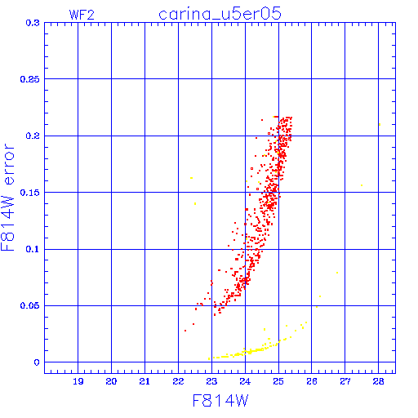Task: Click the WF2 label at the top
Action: point(82,15)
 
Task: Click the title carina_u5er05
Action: point(220,14)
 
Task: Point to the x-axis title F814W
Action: point(220,401)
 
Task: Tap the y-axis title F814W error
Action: point(7,198)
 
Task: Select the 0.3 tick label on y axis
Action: point(33,23)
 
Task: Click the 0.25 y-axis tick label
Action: point(30,79)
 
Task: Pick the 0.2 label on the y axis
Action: point(33,136)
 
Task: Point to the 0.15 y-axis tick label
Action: point(30,193)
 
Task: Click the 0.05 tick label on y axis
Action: point(30,305)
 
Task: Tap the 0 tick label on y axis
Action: point(37,362)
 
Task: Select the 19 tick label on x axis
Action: point(78,381)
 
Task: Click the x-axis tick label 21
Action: point(145,381)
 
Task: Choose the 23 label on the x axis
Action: point(211,381)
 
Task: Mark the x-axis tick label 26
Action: point(312,381)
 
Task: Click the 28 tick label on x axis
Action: point(379,381)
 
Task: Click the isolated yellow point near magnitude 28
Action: point(380,125)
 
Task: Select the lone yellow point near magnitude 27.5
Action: point(362,185)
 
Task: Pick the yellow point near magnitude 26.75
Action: point(337,273)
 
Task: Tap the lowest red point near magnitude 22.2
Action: point(185,331)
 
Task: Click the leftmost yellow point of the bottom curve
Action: point(209,359)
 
